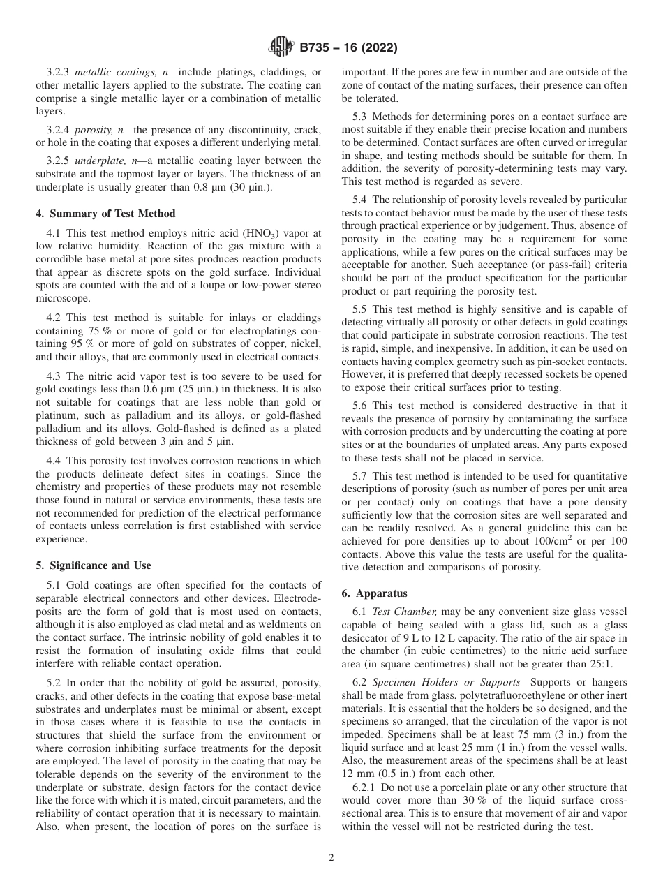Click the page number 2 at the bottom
[x=331, y=858]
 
